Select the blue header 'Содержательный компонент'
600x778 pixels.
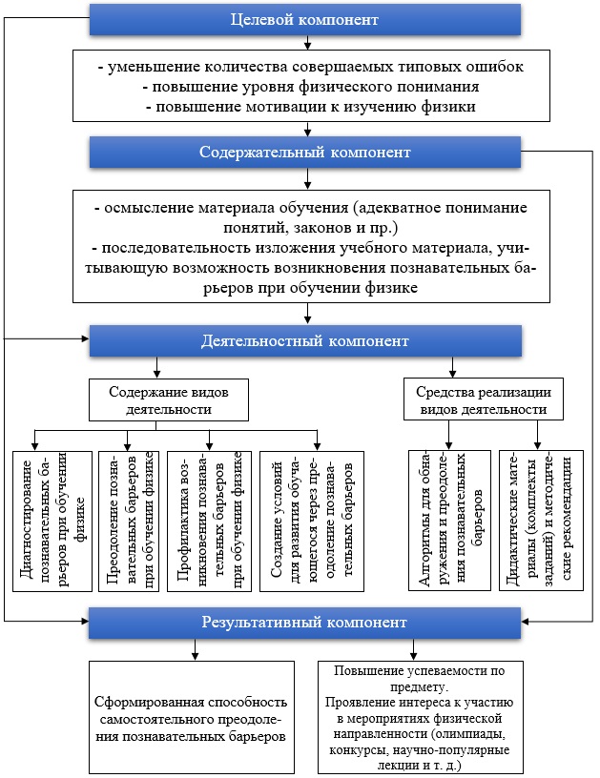point(305,152)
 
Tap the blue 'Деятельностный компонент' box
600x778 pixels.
point(305,341)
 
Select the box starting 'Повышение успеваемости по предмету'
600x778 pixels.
point(413,718)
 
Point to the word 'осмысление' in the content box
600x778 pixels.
point(133,208)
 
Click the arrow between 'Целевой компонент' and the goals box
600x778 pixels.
point(305,40)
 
